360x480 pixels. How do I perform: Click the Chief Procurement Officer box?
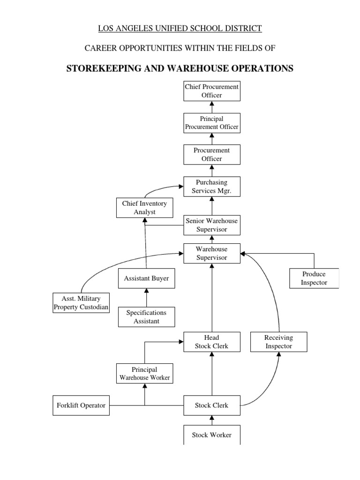click(x=212, y=91)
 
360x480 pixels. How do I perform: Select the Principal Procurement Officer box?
click(x=212, y=123)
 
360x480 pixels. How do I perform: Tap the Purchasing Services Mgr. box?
click(x=212, y=187)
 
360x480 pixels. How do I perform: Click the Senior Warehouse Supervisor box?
click(x=212, y=225)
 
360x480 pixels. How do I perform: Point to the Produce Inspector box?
click(x=314, y=278)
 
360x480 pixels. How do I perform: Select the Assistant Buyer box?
click(x=146, y=278)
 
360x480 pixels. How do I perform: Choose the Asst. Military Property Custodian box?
click(x=81, y=303)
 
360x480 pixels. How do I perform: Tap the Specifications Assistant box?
click(x=146, y=317)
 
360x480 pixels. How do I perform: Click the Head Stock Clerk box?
click(x=212, y=342)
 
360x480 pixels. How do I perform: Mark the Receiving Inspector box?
click(x=278, y=342)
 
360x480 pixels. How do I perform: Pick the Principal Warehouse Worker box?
click(x=144, y=373)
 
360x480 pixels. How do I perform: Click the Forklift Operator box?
click(x=81, y=405)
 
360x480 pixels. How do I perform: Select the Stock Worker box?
click(x=212, y=435)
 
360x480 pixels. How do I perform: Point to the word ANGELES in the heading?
click(x=131, y=29)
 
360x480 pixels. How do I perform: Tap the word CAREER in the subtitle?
click(x=100, y=48)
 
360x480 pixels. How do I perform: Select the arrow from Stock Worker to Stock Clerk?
click(x=212, y=420)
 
